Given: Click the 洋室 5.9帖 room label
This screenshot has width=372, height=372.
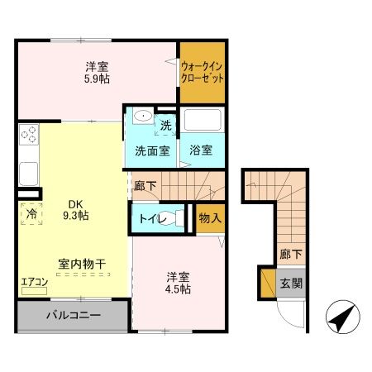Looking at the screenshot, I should [97, 73].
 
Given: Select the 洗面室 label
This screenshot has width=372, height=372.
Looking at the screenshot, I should [152, 151].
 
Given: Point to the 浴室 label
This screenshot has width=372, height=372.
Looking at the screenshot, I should [201, 151].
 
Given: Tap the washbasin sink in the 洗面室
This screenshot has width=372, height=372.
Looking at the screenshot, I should [140, 117].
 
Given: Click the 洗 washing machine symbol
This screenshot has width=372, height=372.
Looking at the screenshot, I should [165, 126].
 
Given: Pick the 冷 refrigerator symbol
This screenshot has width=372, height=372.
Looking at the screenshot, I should [31, 212].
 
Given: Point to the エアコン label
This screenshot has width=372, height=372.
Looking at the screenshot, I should [36, 281].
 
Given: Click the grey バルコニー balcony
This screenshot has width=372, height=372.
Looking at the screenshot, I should [73, 316].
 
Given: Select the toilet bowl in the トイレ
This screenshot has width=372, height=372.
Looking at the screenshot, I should [169, 219].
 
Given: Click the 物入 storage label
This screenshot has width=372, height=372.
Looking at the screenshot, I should [210, 219].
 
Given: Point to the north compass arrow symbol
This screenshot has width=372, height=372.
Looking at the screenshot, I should [343, 315].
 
